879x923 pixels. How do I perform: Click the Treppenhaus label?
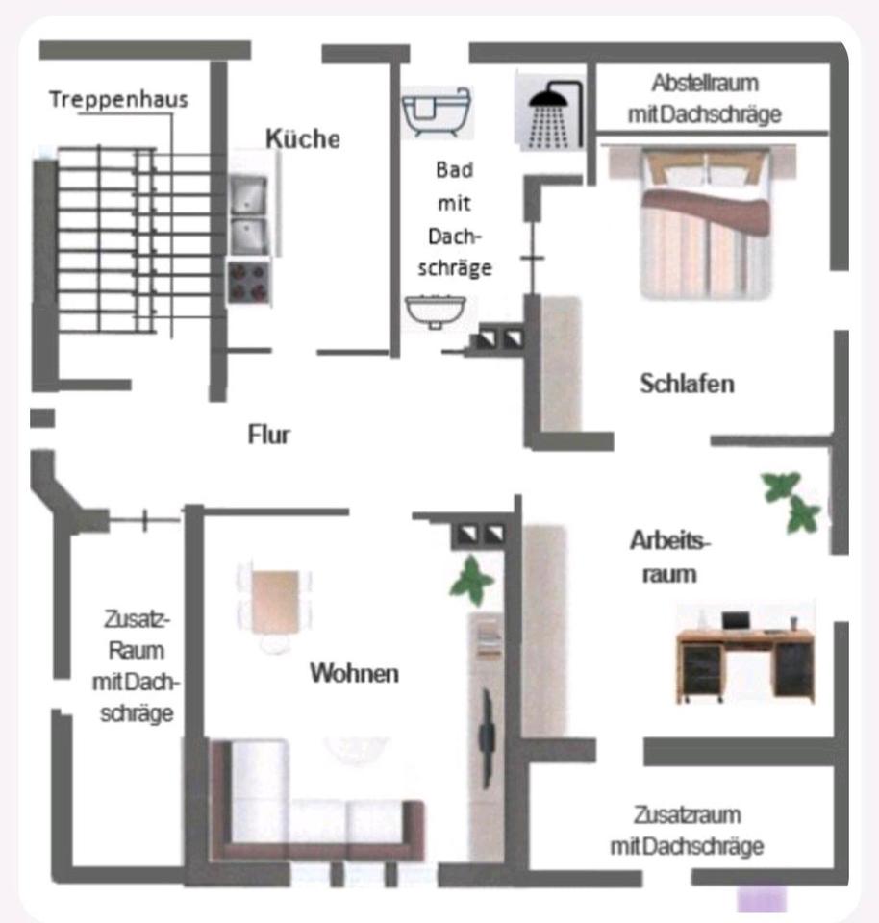tap(118, 99)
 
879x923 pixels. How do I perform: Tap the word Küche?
tap(303, 138)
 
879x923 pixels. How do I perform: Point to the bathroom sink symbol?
tap(436, 310)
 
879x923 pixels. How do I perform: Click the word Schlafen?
tap(687, 384)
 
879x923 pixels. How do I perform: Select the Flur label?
tap(269, 435)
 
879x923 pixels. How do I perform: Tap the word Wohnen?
tap(354, 673)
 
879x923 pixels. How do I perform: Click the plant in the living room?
tap(472, 580)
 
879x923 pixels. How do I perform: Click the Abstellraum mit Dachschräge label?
tap(704, 98)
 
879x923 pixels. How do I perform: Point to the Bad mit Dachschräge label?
tap(455, 219)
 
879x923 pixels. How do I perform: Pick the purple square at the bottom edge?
tap(761, 900)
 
